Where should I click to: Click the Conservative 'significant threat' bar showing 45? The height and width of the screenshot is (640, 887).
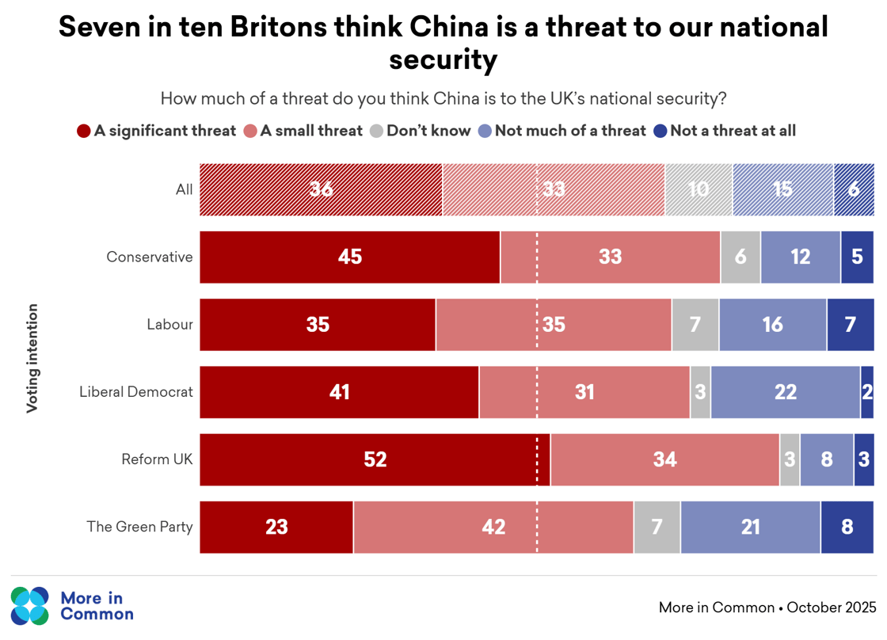(349, 257)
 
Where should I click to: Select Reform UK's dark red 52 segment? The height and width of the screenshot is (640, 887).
(375, 459)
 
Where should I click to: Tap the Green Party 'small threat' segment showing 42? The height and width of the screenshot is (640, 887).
(493, 527)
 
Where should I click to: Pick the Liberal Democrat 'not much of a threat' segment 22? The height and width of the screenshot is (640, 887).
(785, 392)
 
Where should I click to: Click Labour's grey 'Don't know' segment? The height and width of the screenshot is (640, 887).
(695, 325)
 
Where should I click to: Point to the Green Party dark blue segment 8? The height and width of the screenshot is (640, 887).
(847, 527)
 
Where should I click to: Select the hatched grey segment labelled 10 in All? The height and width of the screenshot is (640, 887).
(699, 189)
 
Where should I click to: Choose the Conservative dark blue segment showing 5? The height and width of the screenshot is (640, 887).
(857, 257)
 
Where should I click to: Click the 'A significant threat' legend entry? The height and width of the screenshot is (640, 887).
(157, 131)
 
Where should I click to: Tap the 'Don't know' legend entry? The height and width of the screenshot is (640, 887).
(421, 131)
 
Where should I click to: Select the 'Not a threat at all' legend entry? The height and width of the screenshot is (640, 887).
(724, 131)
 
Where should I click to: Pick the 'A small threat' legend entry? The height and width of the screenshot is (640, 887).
(303, 131)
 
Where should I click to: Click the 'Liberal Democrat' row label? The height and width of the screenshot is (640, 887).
(136, 391)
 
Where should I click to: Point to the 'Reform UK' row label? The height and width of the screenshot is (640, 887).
(157, 459)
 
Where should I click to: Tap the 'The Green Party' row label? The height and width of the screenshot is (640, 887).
(139, 527)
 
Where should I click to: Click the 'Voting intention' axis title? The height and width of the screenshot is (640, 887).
(32, 358)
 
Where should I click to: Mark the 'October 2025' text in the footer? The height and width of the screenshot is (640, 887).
(832, 608)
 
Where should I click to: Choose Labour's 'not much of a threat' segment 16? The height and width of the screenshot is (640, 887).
(772, 325)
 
